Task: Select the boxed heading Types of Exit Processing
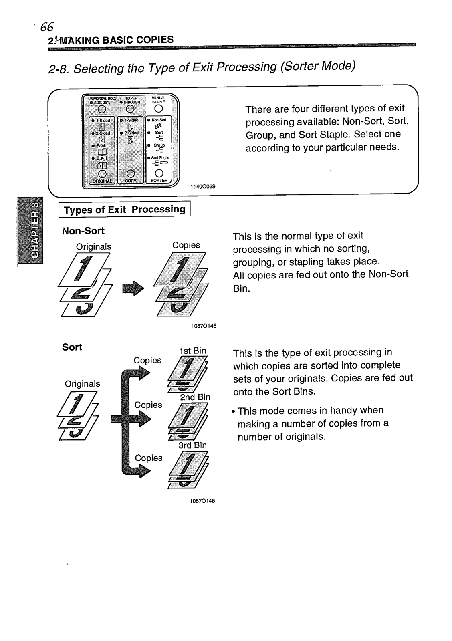pos(125,210)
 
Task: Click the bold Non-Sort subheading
pos(83,231)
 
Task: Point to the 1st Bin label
pos(193,351)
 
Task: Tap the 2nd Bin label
pos(195,397)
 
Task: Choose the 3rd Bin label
pos(192,445)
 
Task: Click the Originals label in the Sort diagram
pos(83,384)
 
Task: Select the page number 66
pos(46,27)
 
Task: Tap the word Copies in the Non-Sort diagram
pos(186,245)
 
